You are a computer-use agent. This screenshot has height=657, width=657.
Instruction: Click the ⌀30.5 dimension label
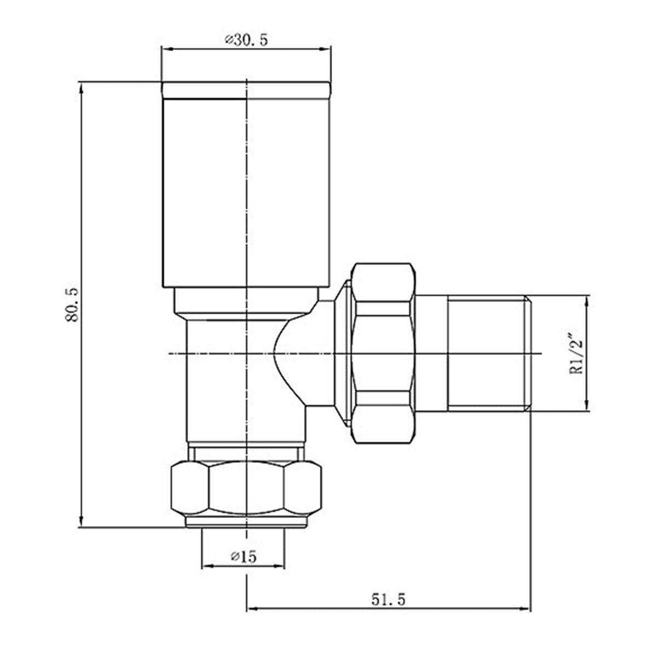tap(246, 41)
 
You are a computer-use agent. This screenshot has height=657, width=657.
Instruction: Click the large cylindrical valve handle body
tap(246, 192)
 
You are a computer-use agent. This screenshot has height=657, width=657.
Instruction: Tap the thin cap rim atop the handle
tap(246, 90)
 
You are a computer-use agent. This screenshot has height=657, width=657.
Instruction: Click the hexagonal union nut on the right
tap(383, 353)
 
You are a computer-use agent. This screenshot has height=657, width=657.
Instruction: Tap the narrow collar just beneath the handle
tap(246, 302)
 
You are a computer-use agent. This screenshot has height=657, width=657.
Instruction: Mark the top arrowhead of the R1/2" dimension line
tap(587, 301)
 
